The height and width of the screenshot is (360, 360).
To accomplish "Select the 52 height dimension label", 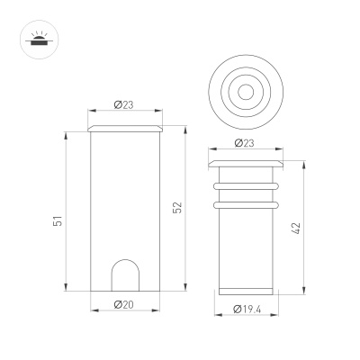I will tap(176, 209).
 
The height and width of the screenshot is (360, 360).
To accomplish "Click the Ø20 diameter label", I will tap(124, 304).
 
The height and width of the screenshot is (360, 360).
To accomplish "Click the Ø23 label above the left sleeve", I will tap(124, 105).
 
